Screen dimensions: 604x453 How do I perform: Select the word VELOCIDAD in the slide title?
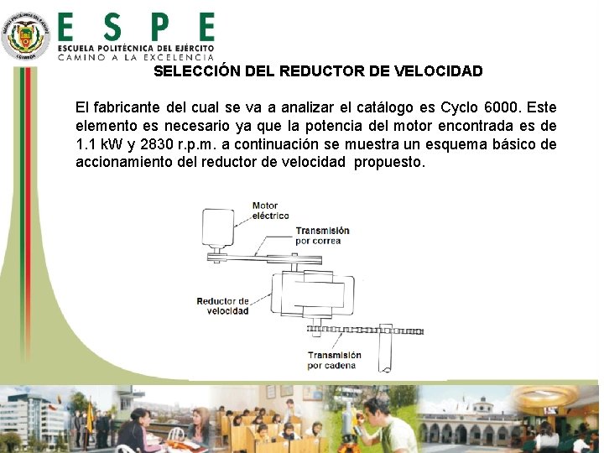438,71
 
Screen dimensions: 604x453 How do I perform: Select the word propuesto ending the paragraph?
389,162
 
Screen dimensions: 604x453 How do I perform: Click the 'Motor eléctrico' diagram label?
270,211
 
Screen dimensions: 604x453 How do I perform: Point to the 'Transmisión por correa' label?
321,236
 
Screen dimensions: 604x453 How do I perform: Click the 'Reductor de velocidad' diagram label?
222,305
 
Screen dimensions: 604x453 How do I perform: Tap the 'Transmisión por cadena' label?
334,360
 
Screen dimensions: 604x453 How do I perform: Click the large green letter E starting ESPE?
70,28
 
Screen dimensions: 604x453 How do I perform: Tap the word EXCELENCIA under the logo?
179,57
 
